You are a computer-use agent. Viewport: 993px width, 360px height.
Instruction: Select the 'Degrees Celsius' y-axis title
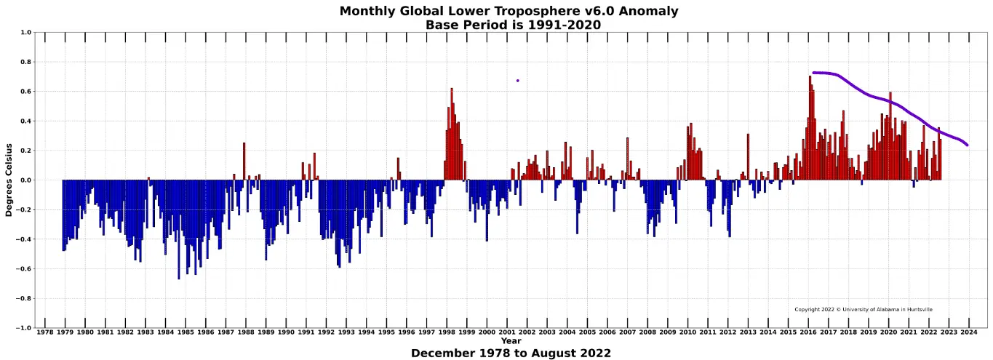(9, 180)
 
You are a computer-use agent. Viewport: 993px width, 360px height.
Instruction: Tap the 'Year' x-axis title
(511, 341)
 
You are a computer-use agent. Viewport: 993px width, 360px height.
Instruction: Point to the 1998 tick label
(447, 332)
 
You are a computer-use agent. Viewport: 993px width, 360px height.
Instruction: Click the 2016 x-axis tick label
(808, 332)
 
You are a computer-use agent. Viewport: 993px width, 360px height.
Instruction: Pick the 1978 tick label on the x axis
(45, 332)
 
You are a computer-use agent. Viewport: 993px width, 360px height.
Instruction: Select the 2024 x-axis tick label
(969, 332)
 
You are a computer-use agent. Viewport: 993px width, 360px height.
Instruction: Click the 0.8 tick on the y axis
(26, 63)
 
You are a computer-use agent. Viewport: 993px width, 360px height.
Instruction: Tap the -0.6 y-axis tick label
(24, 269)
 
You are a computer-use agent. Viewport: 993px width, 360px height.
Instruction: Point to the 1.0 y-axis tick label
(26, 33)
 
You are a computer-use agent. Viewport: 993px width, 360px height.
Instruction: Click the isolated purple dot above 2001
(517, 81)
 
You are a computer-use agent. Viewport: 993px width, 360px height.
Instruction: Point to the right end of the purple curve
(967, 145)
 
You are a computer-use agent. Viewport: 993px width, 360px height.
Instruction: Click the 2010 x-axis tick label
(687, 332)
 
